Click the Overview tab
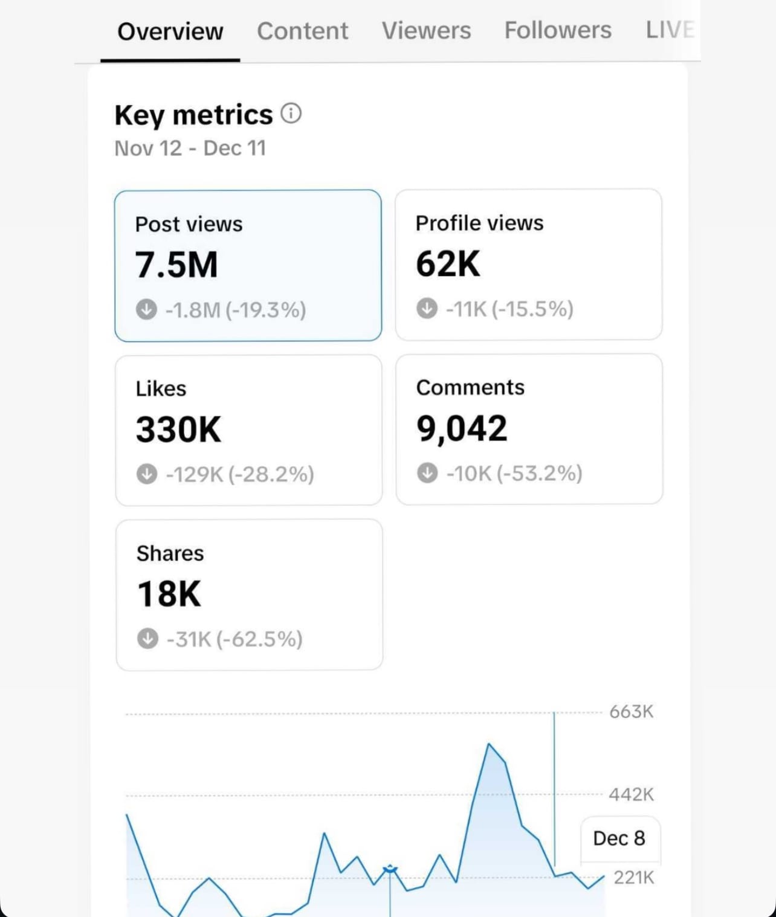click(x=170, y=31)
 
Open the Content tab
click(x=302, y=31)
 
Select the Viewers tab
click(x=426, y=30)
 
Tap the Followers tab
click(x=558, y=30)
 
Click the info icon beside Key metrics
click(x=291, y=113)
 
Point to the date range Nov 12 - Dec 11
click(x=190, y=148)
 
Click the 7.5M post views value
click(x=176, y=265)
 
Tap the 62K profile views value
click(x=448, y=264)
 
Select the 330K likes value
click(x=179, y=430)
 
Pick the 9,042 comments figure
click(x=462, y=428)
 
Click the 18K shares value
click(x=169, y=594)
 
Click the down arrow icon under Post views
click(x=146, y=309)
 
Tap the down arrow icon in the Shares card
click(x=147, y=639)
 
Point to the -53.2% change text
click(x=539, y=473)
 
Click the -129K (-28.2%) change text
click(x=240, y=474)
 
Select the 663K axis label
click(x=631, y=712)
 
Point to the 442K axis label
click(x=631, y=794)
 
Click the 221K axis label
click(x=633, y=877)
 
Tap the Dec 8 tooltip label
click(x=619, y=838)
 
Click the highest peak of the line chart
click(x=488, y=744)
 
